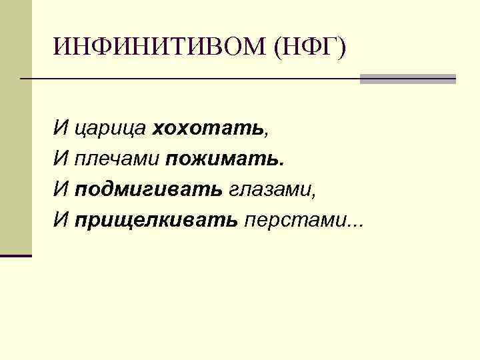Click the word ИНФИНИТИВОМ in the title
159,47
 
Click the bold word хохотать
208,127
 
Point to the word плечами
117,159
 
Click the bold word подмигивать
148,189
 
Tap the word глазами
269,189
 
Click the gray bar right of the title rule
407,79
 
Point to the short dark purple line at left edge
16,255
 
